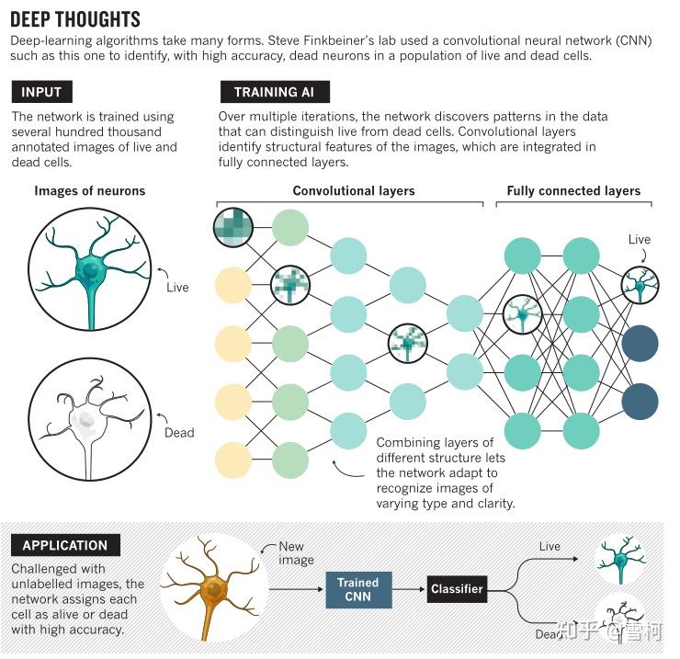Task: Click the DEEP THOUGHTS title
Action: pos(75,19)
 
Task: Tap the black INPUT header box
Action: pos(41,92)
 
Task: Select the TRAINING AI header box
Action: pos(275,92)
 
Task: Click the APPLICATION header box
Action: pos(65,545)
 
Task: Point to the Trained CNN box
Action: pos(357,589)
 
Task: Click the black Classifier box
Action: pos(457,589)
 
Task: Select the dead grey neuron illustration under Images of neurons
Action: pos(89,415)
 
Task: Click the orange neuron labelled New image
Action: pos(216,588)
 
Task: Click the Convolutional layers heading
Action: pos(354,191)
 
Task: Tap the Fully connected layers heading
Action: pos(573,191)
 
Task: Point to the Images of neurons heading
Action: pos(90,191)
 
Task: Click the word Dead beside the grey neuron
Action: pos(179,432)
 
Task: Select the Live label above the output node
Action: pos(640,239)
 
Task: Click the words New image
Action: pos(296,553)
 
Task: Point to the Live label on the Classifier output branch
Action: pos(550,546)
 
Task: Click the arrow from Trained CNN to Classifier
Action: pos(410,589)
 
